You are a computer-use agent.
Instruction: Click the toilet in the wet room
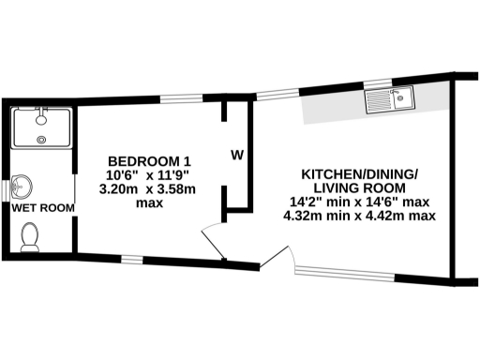30,238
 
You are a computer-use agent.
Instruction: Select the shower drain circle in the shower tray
40,140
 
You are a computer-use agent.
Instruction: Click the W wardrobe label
238,154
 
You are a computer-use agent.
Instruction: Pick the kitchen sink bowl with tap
403,97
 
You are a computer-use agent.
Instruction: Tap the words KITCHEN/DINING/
360,175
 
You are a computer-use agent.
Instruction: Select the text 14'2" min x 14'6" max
360,201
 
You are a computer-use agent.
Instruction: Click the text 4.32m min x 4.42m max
360,216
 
